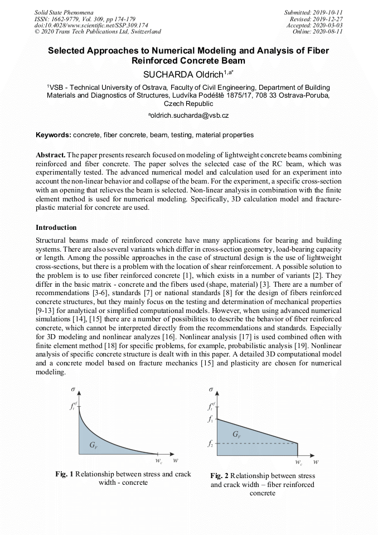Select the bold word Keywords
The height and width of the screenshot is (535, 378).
click(x=53, y=135)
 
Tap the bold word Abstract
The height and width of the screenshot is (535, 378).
click(x=51, y=154)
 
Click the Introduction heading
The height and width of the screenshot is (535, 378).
click(x=56, y=228)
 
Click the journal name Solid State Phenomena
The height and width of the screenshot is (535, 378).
click(x=64, y=12)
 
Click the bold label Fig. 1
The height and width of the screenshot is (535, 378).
click(x=64, y=474)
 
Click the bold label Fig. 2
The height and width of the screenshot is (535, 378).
click(x=220, y=476)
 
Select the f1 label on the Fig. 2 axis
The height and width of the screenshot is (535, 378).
click(x=210, y=420)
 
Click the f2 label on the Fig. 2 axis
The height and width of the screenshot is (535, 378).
click(x=210, y=444)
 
